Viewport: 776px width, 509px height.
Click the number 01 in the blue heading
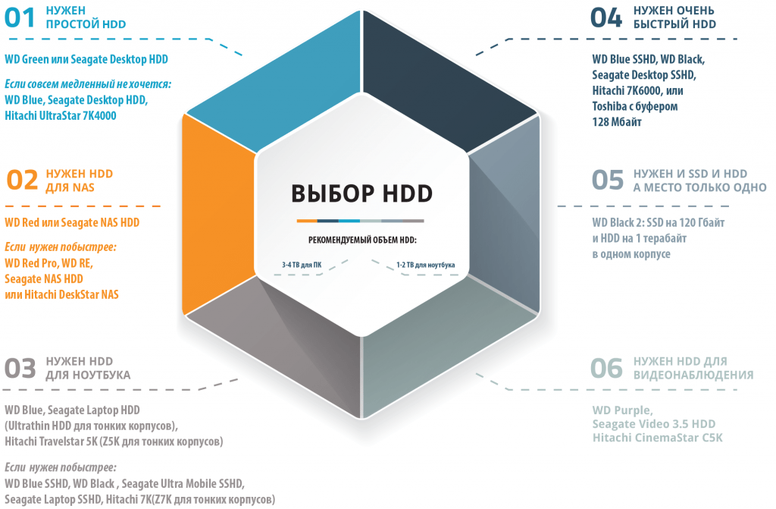[x=20, y=18]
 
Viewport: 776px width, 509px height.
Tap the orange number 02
[x=22, y=180]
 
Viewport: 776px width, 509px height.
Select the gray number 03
[x=20, y=368]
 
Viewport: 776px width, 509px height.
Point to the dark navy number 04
[x=606, y=18]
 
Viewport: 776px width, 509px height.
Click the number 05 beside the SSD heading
[x=608, y=180]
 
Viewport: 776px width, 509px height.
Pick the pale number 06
[x=606, y=368]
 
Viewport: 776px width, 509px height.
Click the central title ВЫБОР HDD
[x=361, y=193]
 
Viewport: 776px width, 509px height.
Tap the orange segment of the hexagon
[x=217, y=213]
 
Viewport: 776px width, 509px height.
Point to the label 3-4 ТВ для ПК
[x=302, y=265]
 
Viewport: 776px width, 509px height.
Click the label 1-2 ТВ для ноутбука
[x=426, y=265]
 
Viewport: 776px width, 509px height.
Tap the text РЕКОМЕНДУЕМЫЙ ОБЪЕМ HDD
[x=361, y=240]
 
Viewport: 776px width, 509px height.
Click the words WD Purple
[x=623, y=410]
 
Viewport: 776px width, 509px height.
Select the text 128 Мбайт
[x=617, y=122]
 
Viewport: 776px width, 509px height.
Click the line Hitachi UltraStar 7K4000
[x=61, y=115]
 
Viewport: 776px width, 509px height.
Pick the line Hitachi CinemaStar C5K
[x=658, y=438]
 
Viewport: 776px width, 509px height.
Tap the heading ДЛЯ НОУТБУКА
[x=88, y=375]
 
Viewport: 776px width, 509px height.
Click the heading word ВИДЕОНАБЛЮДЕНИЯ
[x=693, y=375]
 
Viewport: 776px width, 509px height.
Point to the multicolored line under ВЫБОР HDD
[x=360, y=221]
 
